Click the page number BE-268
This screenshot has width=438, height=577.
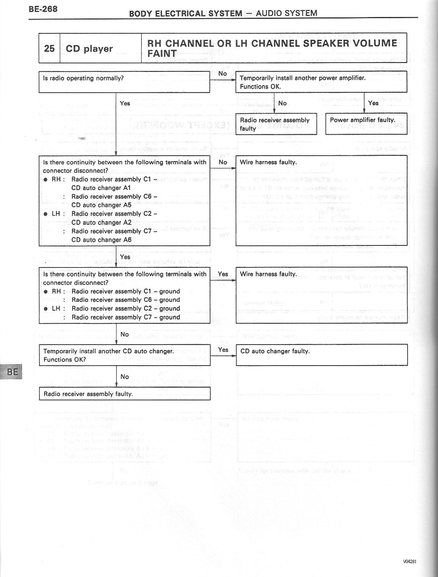coord(43,9)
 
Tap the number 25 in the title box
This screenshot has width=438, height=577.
coord(49,49)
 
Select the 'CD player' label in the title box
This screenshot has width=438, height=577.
coord(89,49)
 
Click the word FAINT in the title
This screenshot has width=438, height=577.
coord(162,54)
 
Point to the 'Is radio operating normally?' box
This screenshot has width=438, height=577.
coord(124,82)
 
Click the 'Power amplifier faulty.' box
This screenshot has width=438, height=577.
coord(366,124)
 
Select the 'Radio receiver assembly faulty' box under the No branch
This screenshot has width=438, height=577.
coord(277,124)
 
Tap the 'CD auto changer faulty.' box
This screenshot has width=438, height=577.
coord(322,355)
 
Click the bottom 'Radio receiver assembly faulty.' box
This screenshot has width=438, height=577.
coord(125,394)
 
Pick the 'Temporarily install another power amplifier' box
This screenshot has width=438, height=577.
coord(321,82)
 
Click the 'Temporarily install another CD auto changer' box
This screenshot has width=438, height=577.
coord(125,355)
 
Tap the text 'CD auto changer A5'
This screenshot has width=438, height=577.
coord(101,205)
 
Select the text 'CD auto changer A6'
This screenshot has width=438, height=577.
coord(101,240)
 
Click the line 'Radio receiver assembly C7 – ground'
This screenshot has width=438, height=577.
coord(126,317)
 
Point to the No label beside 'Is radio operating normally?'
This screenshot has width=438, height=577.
coord(223,73)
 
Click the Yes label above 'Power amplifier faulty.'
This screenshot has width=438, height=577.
coord(373,103)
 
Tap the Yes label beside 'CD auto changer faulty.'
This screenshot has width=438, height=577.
coord(223,350)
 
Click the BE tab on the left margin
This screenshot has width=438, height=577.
coord(12,372)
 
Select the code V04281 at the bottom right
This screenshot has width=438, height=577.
coord(410,561)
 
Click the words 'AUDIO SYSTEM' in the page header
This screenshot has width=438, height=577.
coord(286,13)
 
